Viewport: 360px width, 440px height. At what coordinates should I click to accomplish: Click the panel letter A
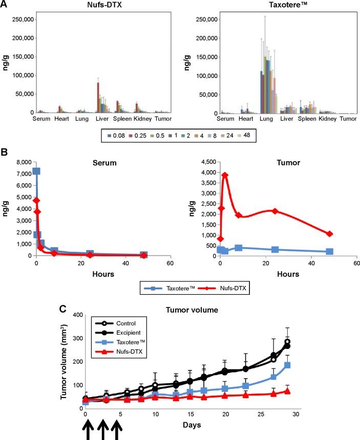pos(5,5)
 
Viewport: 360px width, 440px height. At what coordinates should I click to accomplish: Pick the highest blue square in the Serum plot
pos(36,171)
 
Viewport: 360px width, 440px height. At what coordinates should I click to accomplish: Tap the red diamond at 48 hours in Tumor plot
pos(330,234)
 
